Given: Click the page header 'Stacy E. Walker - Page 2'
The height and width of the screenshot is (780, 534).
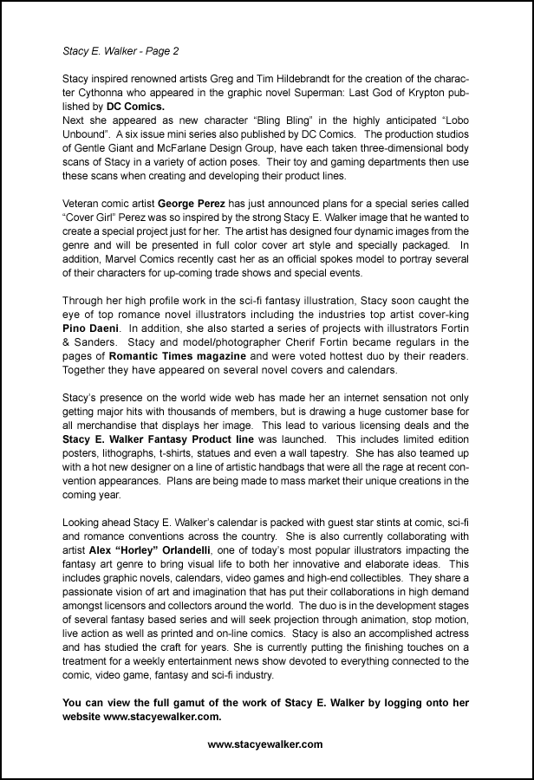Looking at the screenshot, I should pyautogui.click(x=121, y=52).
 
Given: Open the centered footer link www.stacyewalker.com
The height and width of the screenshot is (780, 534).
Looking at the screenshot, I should pyautogui.click(x=265, y=744).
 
